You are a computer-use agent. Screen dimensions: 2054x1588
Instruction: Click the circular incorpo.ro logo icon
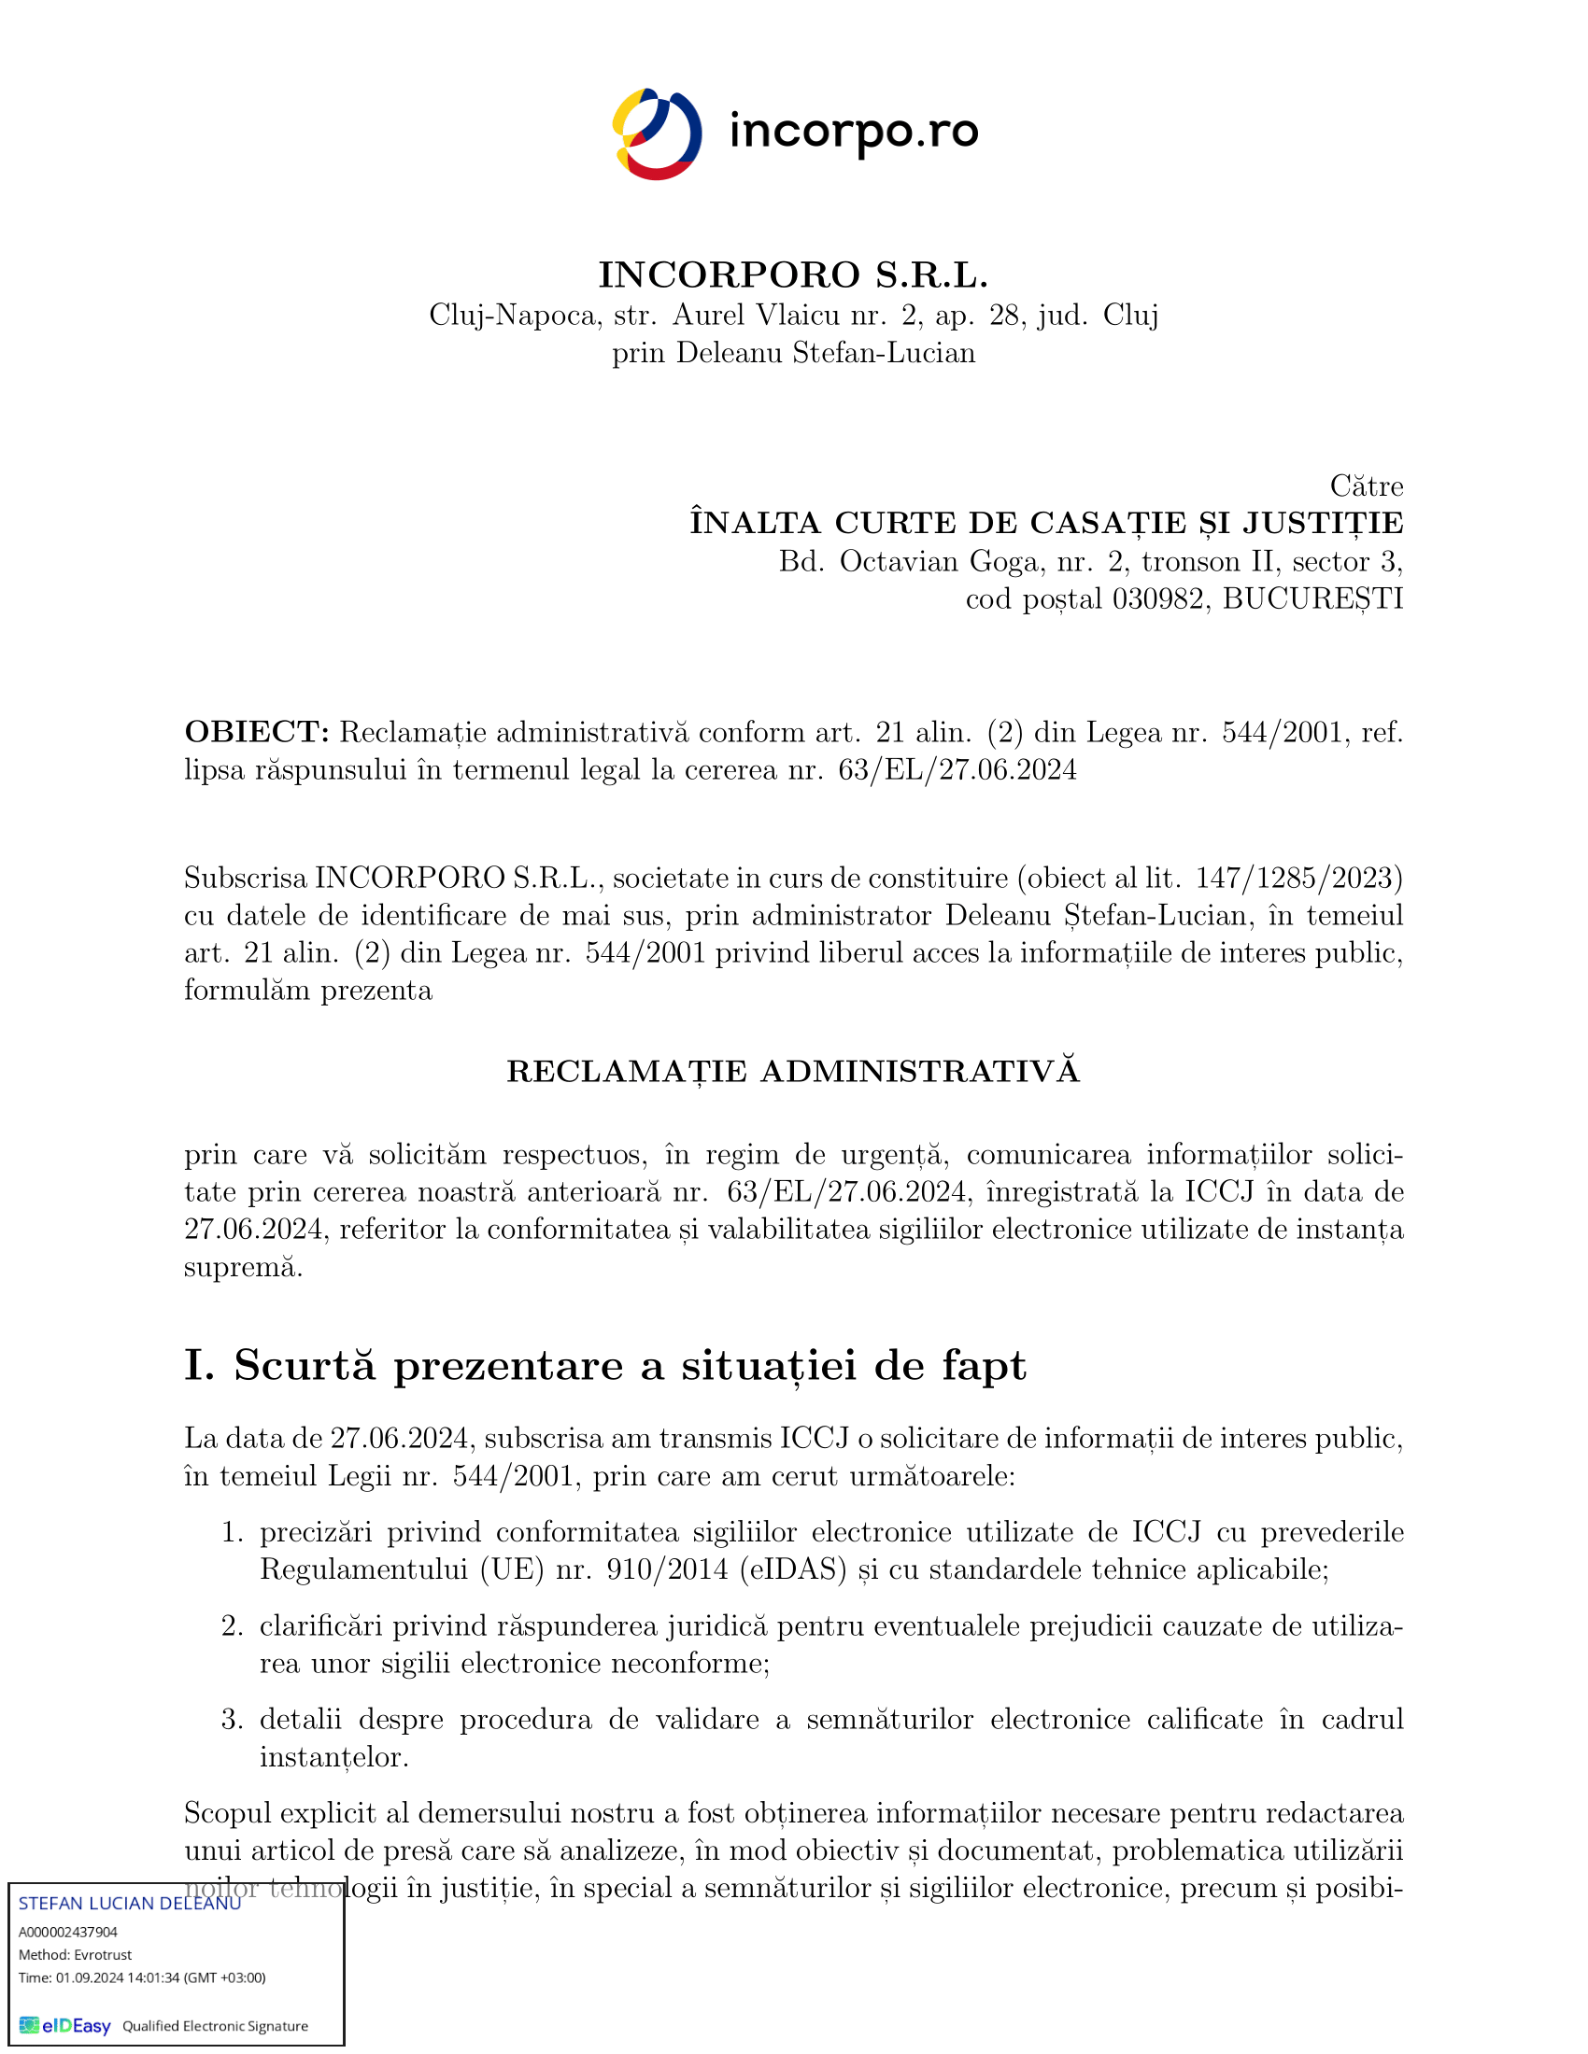pyautogui.click(x=657, y=134)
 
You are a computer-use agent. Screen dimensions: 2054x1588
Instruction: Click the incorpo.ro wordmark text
pyautogui.click(x=853, y=133)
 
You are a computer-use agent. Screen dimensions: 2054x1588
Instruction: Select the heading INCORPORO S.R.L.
pyautogui.click(x=793, y=274)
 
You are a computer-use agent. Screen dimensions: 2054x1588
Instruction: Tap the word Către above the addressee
pyautogui.click(x=1366, y=486)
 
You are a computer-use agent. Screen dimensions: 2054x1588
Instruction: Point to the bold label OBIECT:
pyautogui.click(x=257, y=732)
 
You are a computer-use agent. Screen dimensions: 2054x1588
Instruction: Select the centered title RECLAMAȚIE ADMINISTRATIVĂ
pyautogui.click(x=793, y=1071)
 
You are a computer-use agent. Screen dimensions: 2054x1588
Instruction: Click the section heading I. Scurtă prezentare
pyautogui.click(x=605, y=1365)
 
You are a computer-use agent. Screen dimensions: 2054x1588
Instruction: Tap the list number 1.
pyautogui.click(x=233, y=1532)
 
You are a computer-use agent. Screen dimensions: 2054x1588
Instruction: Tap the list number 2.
pyautogui.click(x=233, y=1626)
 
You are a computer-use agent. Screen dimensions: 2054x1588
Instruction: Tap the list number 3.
pyautogui.click(x=233, y=1719)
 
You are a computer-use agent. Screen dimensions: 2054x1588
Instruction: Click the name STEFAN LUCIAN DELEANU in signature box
pyautogui.click(x=130, y=1904)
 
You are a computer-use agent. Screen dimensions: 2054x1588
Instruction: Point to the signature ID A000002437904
pyautogui.click(x=68, y=1932)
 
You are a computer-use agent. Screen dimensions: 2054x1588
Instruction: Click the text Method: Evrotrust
pyautogui.click(x=76, y=1954)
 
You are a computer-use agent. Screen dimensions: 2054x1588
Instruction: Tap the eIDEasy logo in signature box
pyautogui.click(x=65, y=2026)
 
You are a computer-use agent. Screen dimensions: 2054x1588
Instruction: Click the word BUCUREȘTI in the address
pyautogui.click(x=1312, y=599)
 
